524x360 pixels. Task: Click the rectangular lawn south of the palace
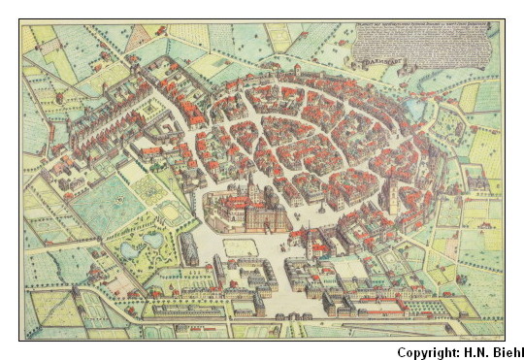click(x=240, y=247)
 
